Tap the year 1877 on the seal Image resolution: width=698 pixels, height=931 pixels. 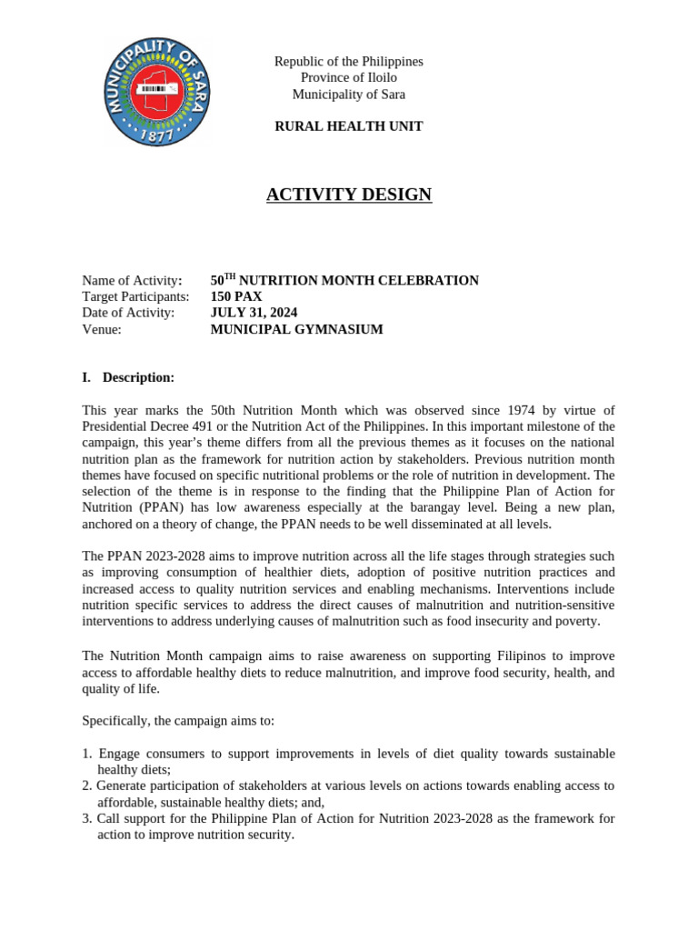coord(158,135)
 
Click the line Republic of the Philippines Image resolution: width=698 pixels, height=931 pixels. coord(348,62)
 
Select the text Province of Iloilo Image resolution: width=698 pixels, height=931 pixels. coord(348,78)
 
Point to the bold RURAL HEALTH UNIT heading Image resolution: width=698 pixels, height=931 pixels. coord(348,126)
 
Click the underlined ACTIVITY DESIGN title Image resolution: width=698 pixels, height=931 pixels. coord(348,195)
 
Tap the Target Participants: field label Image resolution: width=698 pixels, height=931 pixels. coord(135,296)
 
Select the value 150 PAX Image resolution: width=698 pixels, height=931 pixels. coord(236,296)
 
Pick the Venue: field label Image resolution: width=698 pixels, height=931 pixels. coord(102,329)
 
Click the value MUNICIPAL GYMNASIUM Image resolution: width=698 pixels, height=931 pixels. coord(296,329)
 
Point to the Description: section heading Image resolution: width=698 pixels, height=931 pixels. coord(137,377)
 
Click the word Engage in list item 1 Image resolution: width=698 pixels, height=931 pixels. coord(119,754)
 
